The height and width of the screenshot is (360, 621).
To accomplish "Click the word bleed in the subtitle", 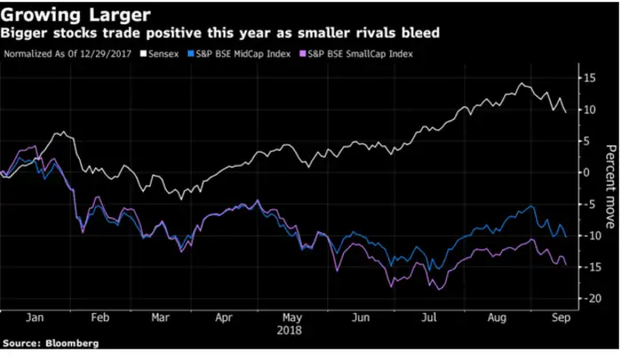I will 419,35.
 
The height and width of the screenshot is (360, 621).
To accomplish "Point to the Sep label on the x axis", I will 560,317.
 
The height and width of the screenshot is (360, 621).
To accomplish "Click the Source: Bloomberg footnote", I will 50,343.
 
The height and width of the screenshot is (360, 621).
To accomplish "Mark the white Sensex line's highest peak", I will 521,83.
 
